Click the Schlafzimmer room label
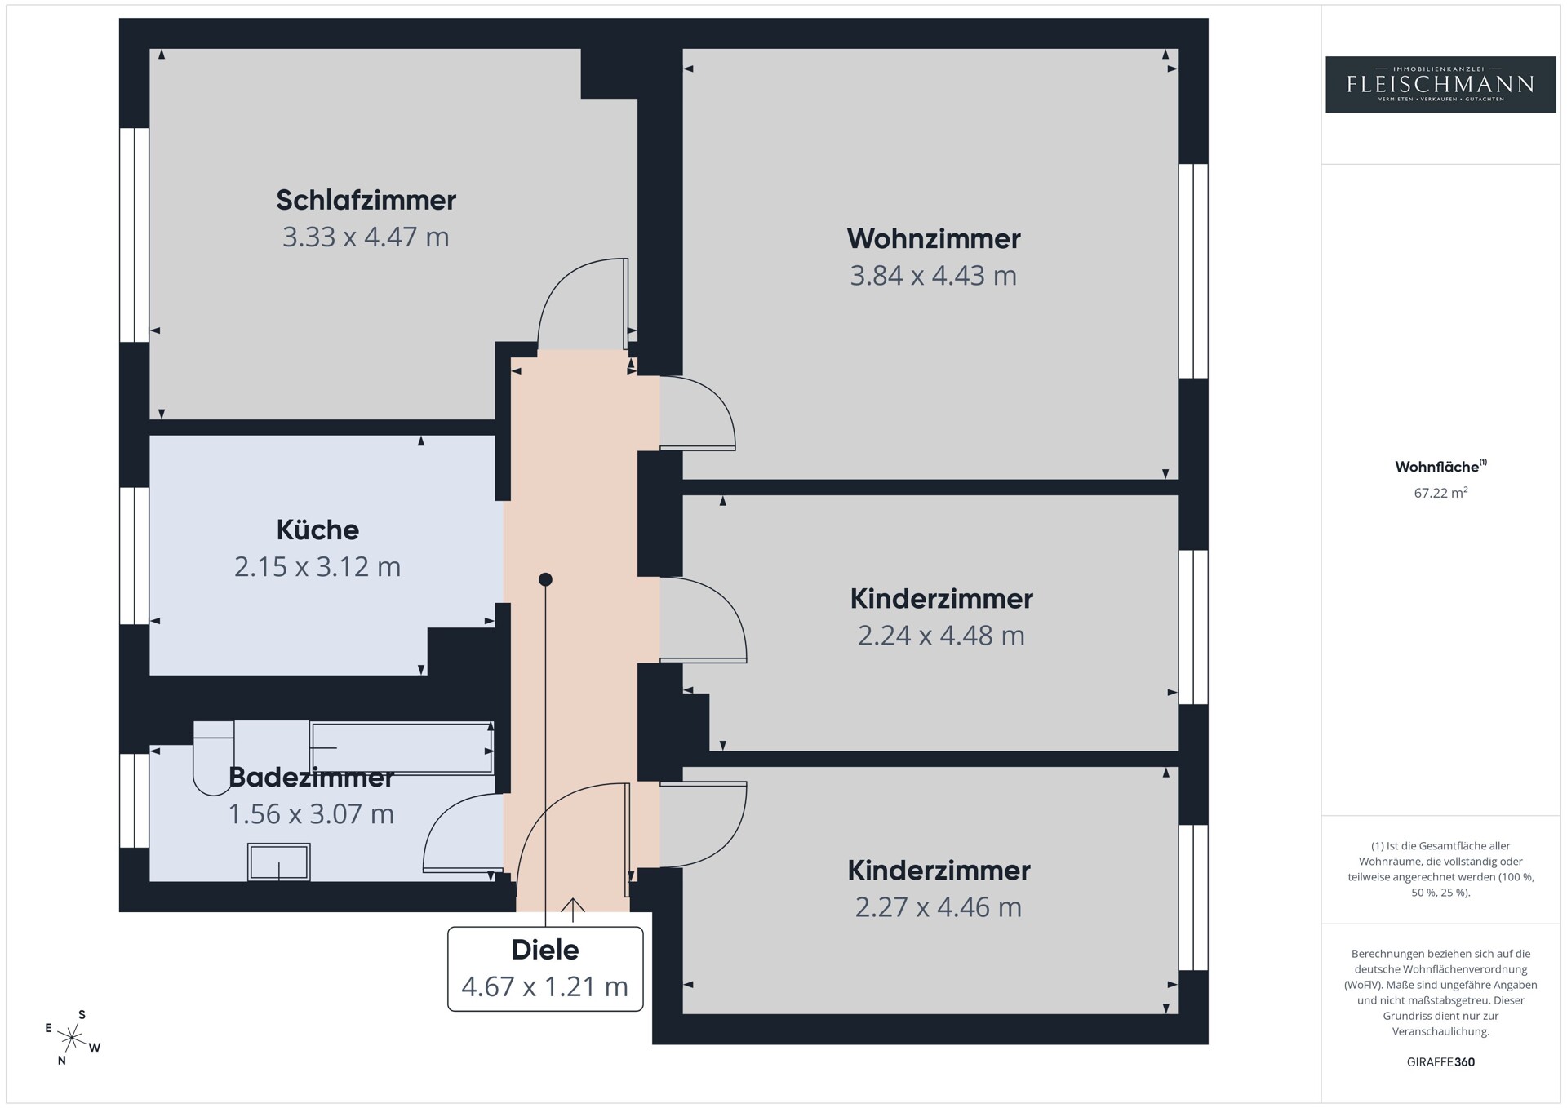pos(366,200)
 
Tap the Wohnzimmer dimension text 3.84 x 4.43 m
pos(934,276)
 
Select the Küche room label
pos(317,530)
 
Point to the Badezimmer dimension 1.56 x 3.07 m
pos(311,814)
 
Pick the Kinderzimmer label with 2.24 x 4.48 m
pos(942,599)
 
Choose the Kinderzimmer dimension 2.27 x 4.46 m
pos(939,907)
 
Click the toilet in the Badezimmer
pos(214,757)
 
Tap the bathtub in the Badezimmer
pos(402,747)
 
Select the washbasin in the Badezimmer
pos(279,862)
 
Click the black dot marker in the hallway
pos(545,579)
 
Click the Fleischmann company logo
pos(1440,84)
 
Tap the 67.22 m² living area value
pos(1440,493)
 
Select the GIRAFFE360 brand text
pos(1440,1062)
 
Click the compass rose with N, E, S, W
pos(73,1038)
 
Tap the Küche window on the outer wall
pos(135,556)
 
